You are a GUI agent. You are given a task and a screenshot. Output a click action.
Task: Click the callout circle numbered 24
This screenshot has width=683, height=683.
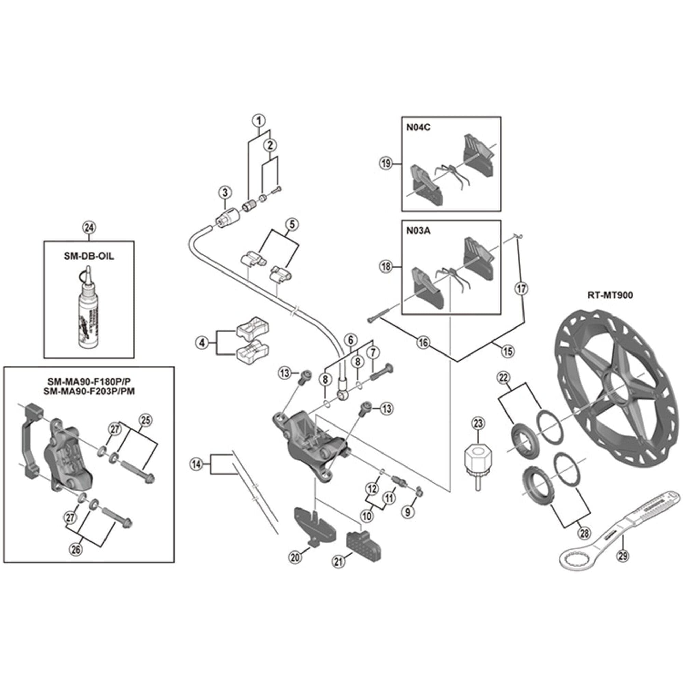[x=89, y=228]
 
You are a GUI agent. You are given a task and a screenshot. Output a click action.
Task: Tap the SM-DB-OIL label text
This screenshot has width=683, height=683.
[x=89, y=256]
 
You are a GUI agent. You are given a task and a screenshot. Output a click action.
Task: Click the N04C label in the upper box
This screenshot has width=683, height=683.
[x=418, y=128]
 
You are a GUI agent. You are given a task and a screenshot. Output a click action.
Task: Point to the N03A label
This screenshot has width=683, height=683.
[x=418, y=231]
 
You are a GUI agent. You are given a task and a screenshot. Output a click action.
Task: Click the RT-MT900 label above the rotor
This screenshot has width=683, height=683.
[x=610, y=295]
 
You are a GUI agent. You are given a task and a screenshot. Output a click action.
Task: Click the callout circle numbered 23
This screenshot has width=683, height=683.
[x=478, y=423]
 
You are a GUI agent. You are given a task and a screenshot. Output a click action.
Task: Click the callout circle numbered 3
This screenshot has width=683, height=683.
[x=225, y=193]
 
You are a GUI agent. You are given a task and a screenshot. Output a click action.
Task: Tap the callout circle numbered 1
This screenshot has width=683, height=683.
[x=259, y=121]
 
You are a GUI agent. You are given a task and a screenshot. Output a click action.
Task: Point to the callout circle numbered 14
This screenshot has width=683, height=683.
[x=197, y=464]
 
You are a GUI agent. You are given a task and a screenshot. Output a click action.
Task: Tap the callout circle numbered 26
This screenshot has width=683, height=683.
[x=76, y=550]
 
